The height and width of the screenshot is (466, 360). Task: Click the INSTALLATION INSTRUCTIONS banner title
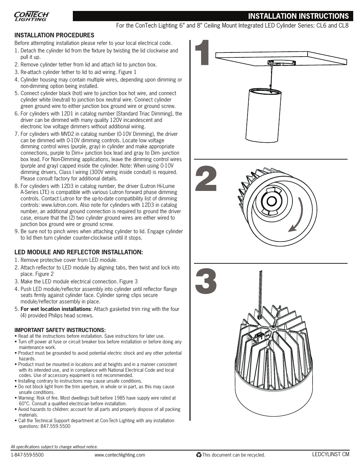click(298, 16)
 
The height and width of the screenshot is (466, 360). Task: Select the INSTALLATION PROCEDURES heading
click(54, 35)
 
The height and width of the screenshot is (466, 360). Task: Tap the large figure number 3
click(206, 281)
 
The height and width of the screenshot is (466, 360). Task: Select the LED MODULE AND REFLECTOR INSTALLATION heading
click(78, 252)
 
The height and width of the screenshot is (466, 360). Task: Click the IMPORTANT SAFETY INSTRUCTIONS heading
click(60, 330)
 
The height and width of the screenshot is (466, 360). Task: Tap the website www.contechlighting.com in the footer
click(120, 455)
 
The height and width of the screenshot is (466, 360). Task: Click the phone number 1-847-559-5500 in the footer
click(27, 455)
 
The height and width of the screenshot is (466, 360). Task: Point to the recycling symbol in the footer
click(198, 455)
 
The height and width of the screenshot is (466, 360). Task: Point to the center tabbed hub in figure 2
click(271, 201)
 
